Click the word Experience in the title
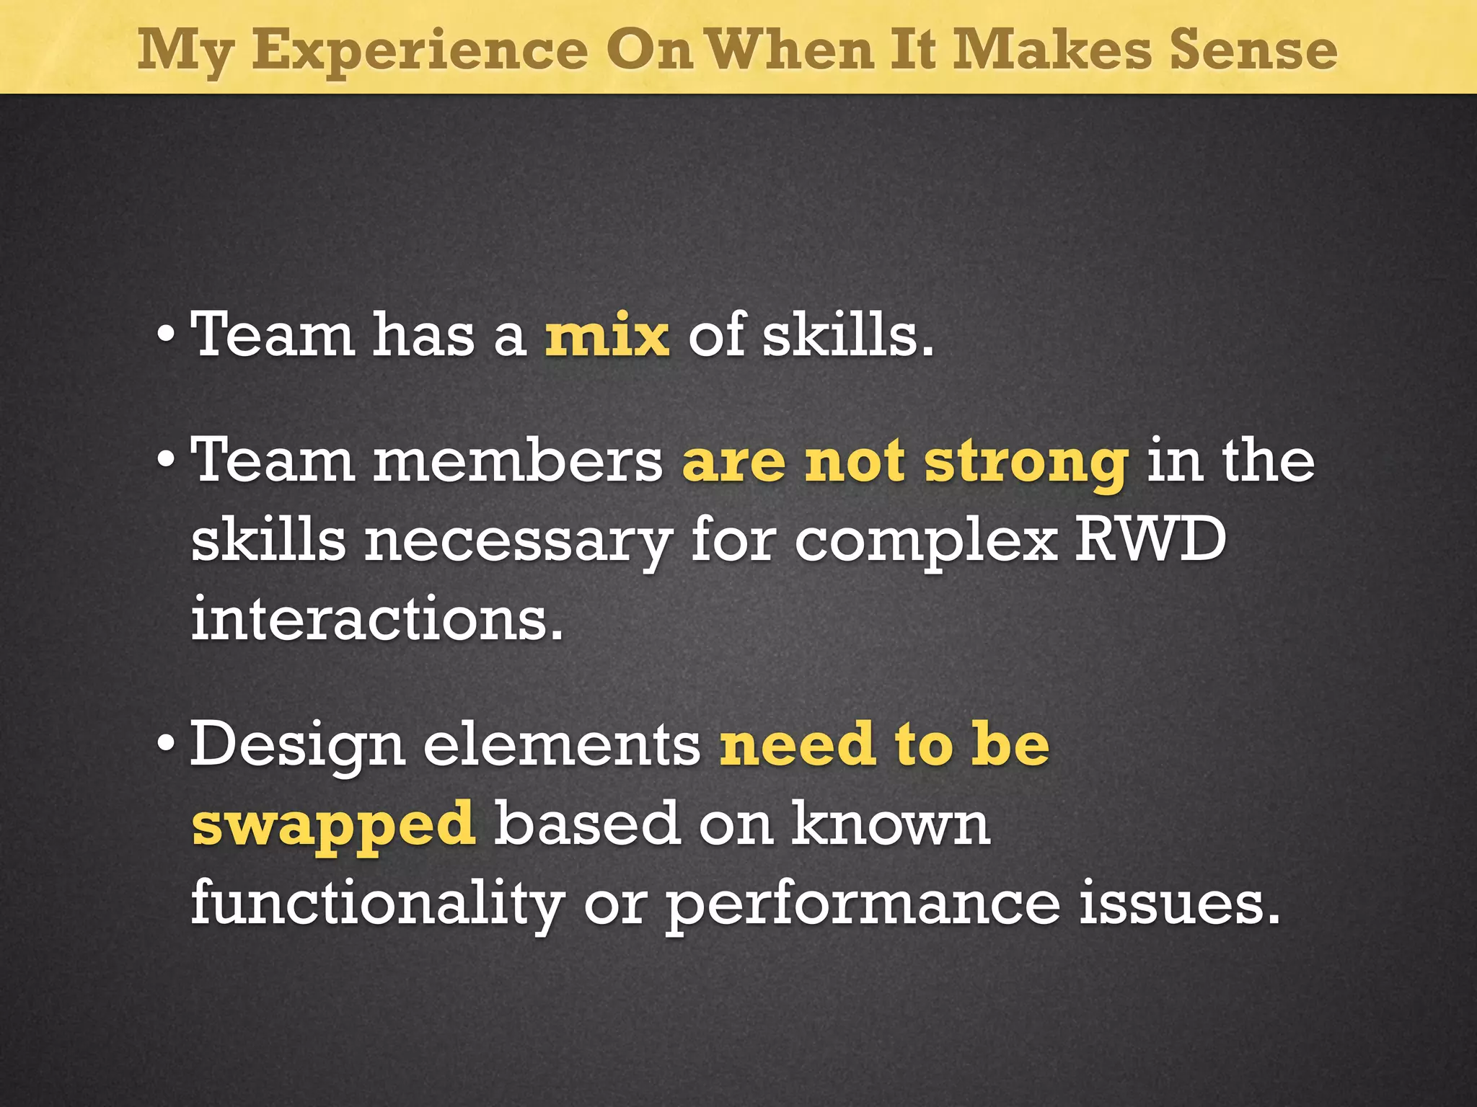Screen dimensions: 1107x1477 coord(420,50)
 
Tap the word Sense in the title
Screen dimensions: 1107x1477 coord(1253,50)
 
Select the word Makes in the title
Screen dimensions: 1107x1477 coord(1052,50)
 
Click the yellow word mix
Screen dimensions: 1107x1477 coord(607,335)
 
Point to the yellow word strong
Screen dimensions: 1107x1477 coord(1026,463)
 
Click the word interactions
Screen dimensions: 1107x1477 coord(376,618)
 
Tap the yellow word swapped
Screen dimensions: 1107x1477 coord(333,825)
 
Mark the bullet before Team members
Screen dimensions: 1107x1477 coord(166,458)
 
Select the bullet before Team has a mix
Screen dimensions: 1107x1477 coord(166,333)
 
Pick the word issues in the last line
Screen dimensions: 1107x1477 coord(1179,903)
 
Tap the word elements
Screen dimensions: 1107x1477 coord(562,744)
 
